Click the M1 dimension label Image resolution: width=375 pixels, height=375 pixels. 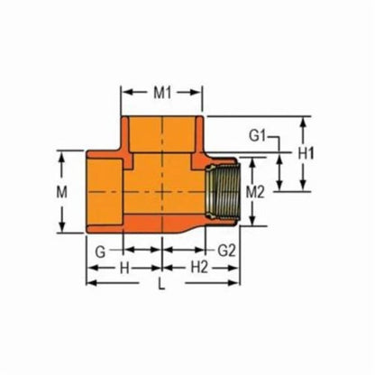pos(163,93)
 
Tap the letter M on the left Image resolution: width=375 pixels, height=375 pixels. pos(61,193)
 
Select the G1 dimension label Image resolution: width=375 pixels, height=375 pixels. pos(259,136)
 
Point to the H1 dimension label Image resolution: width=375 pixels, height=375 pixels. pos(306,154)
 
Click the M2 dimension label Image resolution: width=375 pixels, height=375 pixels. pos(254,192)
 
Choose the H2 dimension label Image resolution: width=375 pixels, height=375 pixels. pos(198,268)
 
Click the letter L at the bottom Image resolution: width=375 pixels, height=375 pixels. pos(162,287)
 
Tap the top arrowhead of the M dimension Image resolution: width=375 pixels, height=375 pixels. pos(61,155)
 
